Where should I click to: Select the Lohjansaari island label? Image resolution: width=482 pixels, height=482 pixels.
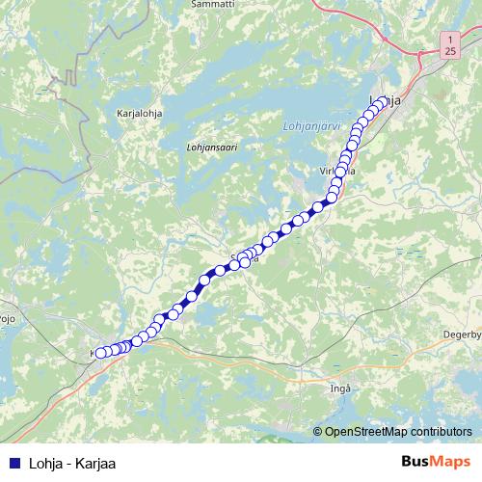211,147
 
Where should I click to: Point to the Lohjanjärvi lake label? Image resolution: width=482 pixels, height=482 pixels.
311,125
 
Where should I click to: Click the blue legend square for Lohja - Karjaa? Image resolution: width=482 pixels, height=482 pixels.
14,464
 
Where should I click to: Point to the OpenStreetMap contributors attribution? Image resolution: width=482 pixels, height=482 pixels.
397,432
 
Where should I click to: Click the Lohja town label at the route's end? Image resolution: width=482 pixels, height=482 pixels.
386,102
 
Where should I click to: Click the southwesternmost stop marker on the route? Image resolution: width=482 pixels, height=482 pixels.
100,353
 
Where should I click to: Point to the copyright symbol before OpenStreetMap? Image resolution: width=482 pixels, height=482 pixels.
317,432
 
